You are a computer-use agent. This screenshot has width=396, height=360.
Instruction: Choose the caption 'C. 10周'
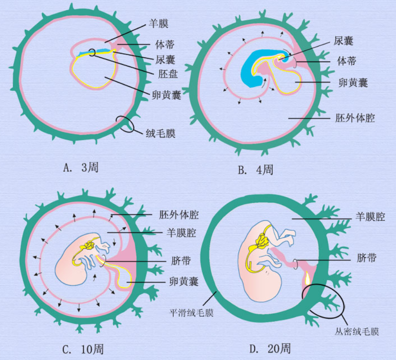point(86,348)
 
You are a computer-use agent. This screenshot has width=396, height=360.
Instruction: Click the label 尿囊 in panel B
point(344,41)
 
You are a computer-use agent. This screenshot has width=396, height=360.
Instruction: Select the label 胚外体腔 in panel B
point(355,119)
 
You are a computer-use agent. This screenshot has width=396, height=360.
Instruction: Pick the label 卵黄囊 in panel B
point(353,82)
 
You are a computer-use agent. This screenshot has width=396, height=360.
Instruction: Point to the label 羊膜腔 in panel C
point(179,232)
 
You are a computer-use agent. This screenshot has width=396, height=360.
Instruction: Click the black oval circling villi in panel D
point(323,300)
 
